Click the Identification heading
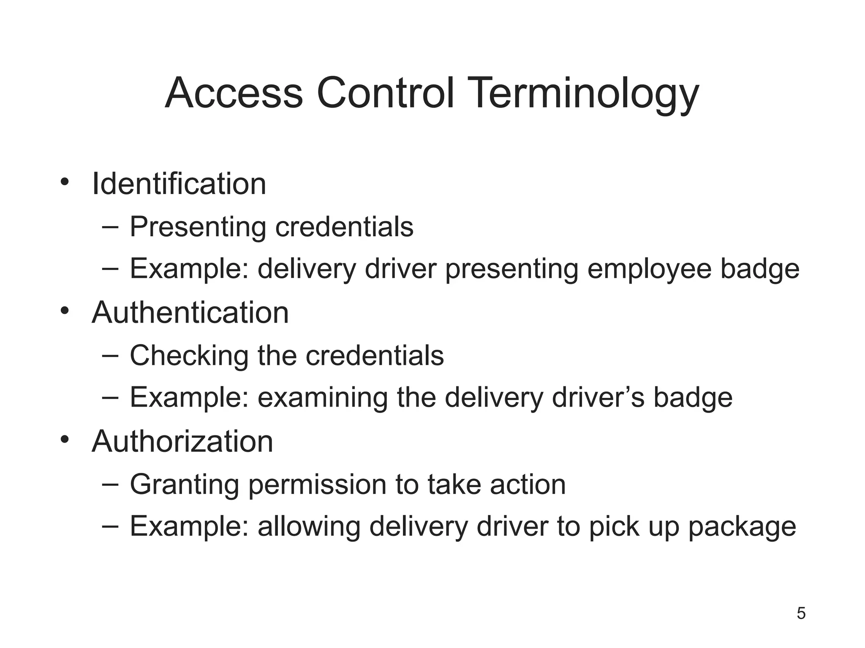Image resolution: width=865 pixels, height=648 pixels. [x=179, y=184]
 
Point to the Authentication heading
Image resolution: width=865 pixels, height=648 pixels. [x=190, y=313]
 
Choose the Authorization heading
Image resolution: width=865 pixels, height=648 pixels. [x=182, y=442]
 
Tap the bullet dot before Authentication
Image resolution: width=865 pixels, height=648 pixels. [x=64, y=311]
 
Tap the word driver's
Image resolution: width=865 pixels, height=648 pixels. [x=598, y=398]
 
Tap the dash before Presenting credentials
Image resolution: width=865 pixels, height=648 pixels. [x=110, y=227]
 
